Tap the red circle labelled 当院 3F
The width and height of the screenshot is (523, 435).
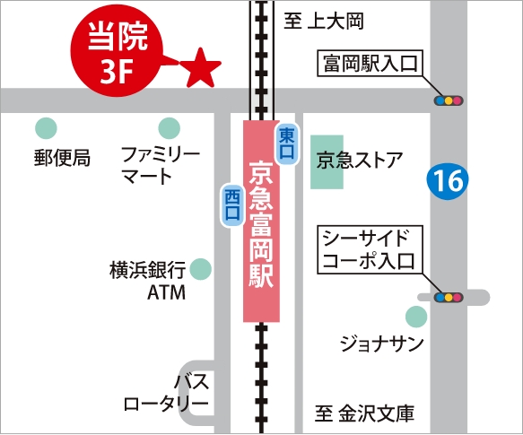pos(114,53)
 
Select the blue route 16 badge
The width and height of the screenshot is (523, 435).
pos(446,181)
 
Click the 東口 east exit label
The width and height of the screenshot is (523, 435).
pos(286,145)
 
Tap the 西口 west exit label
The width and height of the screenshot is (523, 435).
pos(232,204)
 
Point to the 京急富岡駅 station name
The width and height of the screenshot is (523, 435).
pos(260,222)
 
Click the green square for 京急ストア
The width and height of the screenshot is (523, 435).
pos(327,161)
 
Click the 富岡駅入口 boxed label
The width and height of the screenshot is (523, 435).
pos(368,65)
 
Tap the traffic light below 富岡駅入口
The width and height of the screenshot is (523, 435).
pos(448,100)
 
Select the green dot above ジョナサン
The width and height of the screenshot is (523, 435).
pos(415,316)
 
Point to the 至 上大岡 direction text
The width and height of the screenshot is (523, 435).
pos(337,20)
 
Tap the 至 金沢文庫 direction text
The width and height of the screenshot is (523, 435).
pos(364,414)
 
